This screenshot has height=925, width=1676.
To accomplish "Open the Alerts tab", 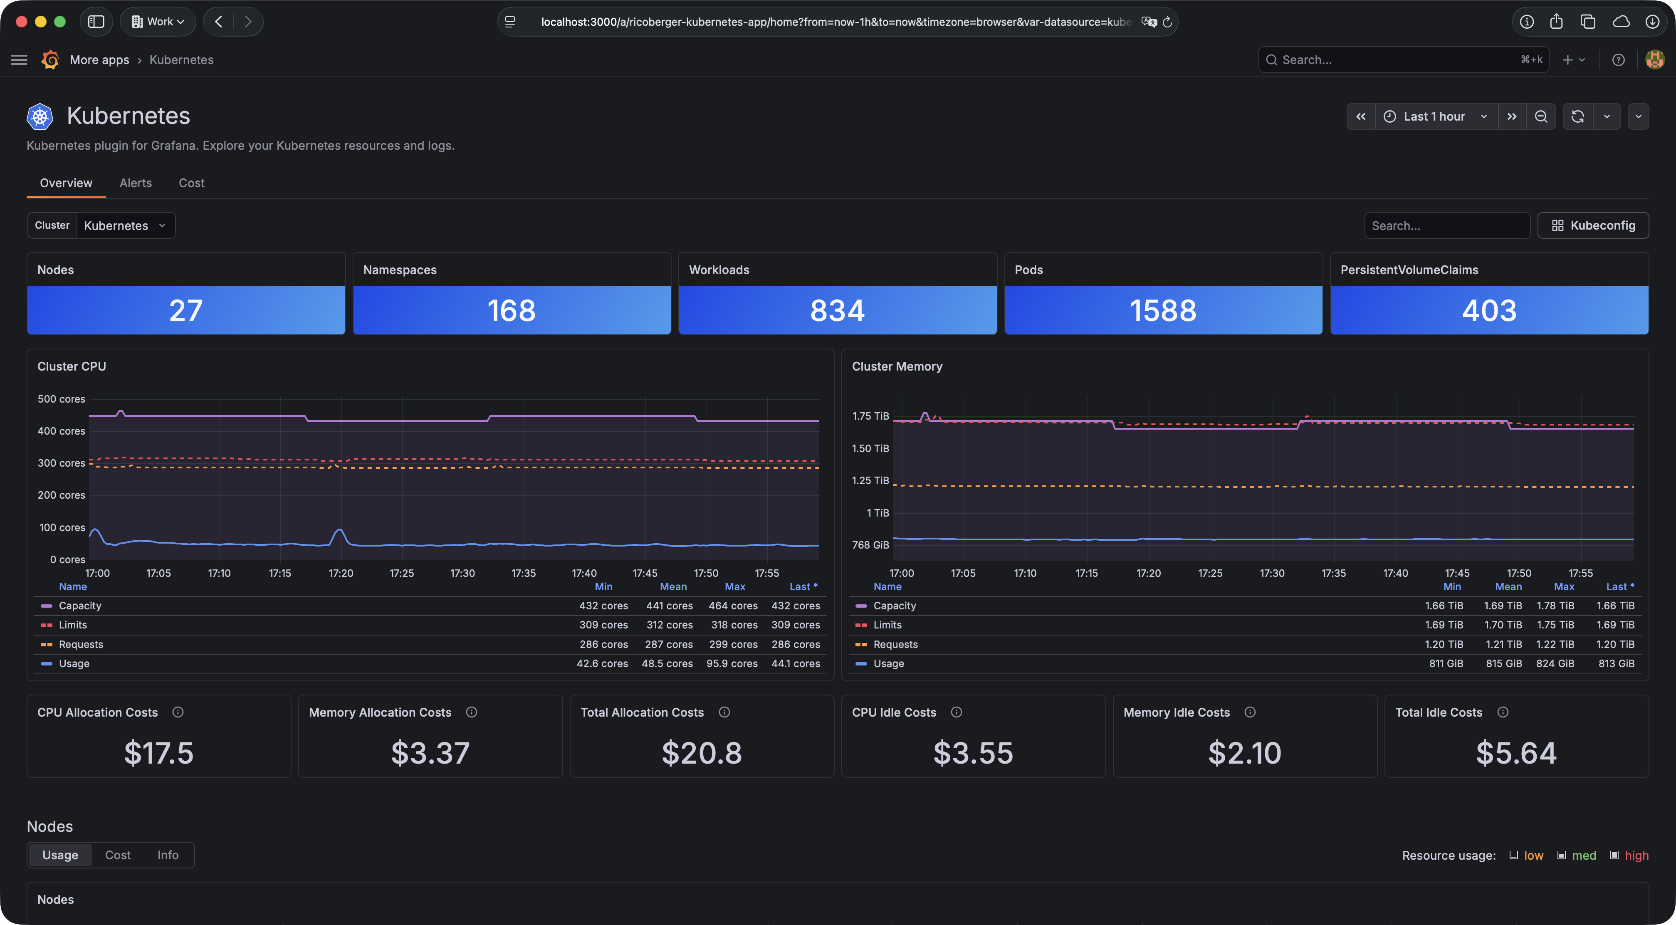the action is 135,183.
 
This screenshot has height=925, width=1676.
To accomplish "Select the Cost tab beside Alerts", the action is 191,183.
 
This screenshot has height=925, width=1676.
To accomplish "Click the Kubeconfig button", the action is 1593,225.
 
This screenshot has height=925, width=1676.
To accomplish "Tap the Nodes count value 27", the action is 186,310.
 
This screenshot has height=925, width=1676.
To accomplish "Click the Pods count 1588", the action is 1163,310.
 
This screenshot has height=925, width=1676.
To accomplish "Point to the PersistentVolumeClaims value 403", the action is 1489,310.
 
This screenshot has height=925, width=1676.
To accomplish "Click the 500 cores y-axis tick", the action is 61,399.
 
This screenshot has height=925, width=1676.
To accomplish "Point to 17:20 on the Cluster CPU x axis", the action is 341,573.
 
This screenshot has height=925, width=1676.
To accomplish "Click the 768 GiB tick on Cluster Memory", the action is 870,544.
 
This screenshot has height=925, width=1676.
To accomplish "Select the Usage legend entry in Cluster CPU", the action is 74,663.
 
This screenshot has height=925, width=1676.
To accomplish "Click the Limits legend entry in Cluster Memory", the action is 887,624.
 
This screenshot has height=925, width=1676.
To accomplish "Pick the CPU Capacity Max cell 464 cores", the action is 733,606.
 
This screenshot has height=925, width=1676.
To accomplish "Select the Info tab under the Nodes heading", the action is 168,855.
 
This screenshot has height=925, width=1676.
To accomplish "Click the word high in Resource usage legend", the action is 1636,856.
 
